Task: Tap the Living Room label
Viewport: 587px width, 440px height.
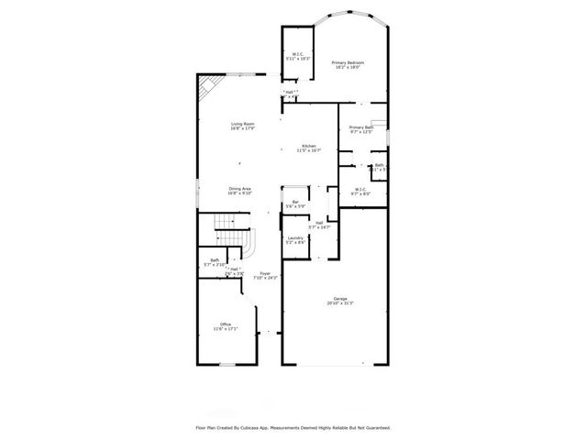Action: point(242,124)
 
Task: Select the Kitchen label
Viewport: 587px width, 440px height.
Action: point(308,146)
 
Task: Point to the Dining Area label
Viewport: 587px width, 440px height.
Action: point(240,189)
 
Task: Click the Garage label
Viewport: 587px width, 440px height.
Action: point(339,298)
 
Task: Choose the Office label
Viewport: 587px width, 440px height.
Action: point(225,324)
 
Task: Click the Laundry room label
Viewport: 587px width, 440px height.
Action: point(295,237)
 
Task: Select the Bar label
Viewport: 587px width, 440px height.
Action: point(295,202)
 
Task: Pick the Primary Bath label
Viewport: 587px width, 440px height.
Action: point(360,127)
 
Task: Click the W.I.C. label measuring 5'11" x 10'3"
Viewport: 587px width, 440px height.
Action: point(297,54)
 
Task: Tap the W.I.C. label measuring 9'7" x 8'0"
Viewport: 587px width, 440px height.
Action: point(360,190)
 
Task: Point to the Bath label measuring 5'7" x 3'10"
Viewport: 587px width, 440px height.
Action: point(214,260)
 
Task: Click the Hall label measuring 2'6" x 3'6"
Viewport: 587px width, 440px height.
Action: point(235,269)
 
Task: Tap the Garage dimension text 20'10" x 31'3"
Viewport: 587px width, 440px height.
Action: point(339,303)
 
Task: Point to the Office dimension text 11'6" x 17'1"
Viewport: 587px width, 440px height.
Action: point(226,329)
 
